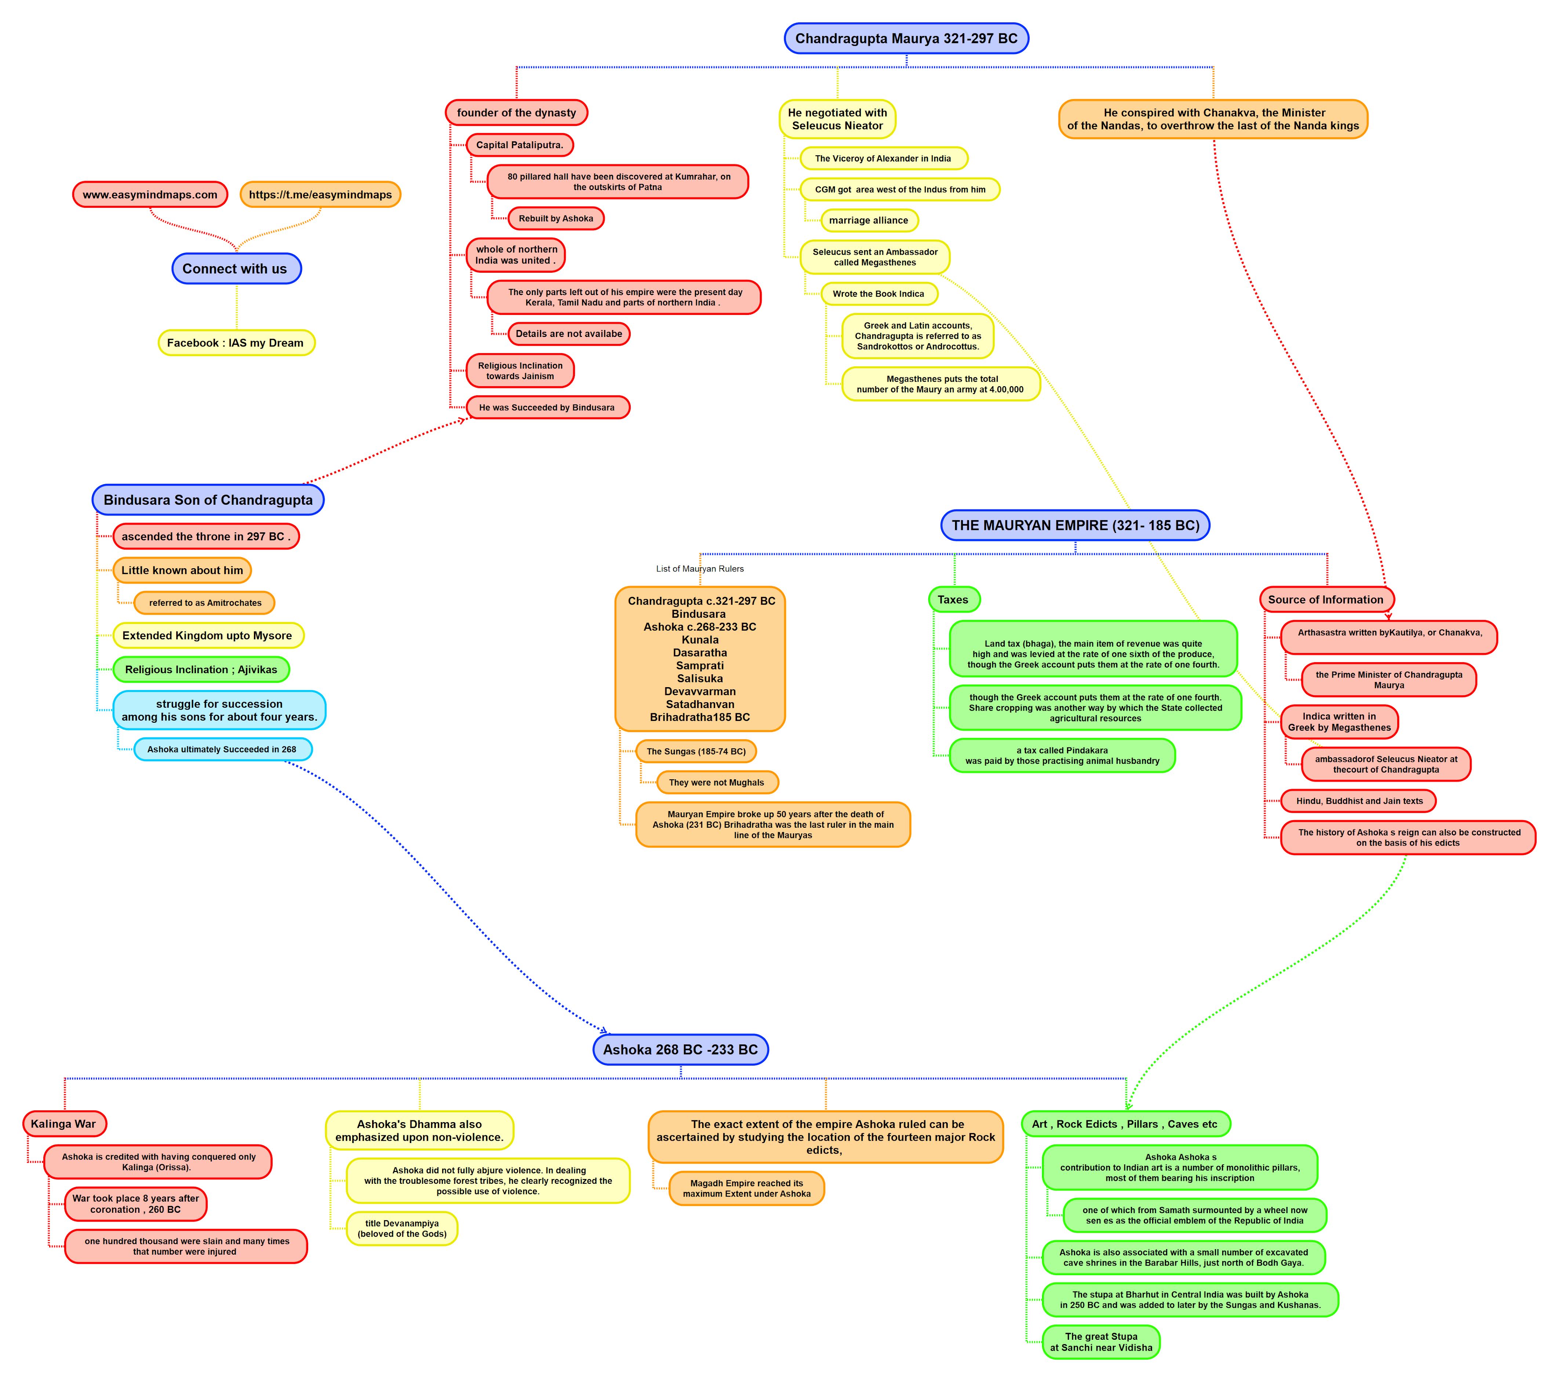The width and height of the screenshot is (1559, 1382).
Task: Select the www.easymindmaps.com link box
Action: (x=150, y=195)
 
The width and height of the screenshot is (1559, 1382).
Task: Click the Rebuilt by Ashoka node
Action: (x=556, y=218)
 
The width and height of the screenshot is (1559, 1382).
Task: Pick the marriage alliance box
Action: (x=869, y=221)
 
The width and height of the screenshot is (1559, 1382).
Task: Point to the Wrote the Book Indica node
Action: (x=879, y=294)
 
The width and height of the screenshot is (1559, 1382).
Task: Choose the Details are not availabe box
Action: (x=569, y=334)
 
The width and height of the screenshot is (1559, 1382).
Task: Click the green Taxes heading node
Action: (x=953, y=600)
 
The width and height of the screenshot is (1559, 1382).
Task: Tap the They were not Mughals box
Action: (x=717, y=782)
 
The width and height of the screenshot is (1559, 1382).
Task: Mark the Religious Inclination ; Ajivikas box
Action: (x=201, y=669)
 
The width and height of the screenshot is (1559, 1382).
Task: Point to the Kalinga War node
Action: (x=64, y=1123)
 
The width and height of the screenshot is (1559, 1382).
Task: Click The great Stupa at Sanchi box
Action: (x=1101, y=1342)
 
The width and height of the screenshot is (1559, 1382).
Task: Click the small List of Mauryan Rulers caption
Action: (x=700, y=569)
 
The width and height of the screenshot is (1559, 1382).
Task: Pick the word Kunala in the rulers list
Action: (x=700, y=639)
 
